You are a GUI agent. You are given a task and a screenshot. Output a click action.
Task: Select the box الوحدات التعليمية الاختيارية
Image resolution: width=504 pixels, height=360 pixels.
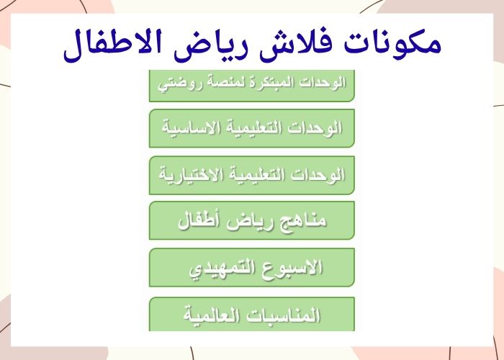coord(251,175)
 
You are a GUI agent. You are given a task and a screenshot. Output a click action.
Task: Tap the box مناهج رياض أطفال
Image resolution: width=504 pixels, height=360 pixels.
coord(251,220)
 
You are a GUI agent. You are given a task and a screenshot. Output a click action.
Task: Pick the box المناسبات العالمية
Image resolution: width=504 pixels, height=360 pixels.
coord(251,315)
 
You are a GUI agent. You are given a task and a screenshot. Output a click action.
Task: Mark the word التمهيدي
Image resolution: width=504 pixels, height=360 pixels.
coord(222,269)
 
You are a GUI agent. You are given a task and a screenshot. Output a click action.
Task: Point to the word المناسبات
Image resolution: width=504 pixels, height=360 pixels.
coord(285,315)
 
